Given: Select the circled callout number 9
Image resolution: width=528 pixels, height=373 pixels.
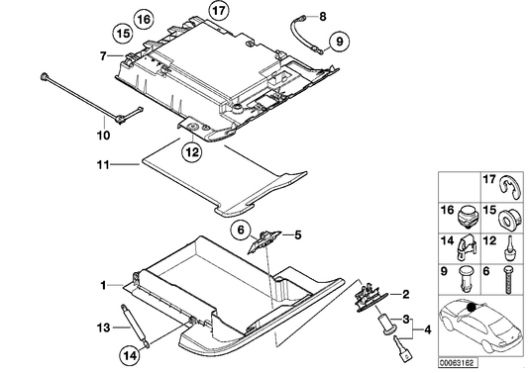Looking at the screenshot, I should (x=339, y=42).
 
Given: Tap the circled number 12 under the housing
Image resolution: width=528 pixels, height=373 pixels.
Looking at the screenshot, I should (x=191, y=152).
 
